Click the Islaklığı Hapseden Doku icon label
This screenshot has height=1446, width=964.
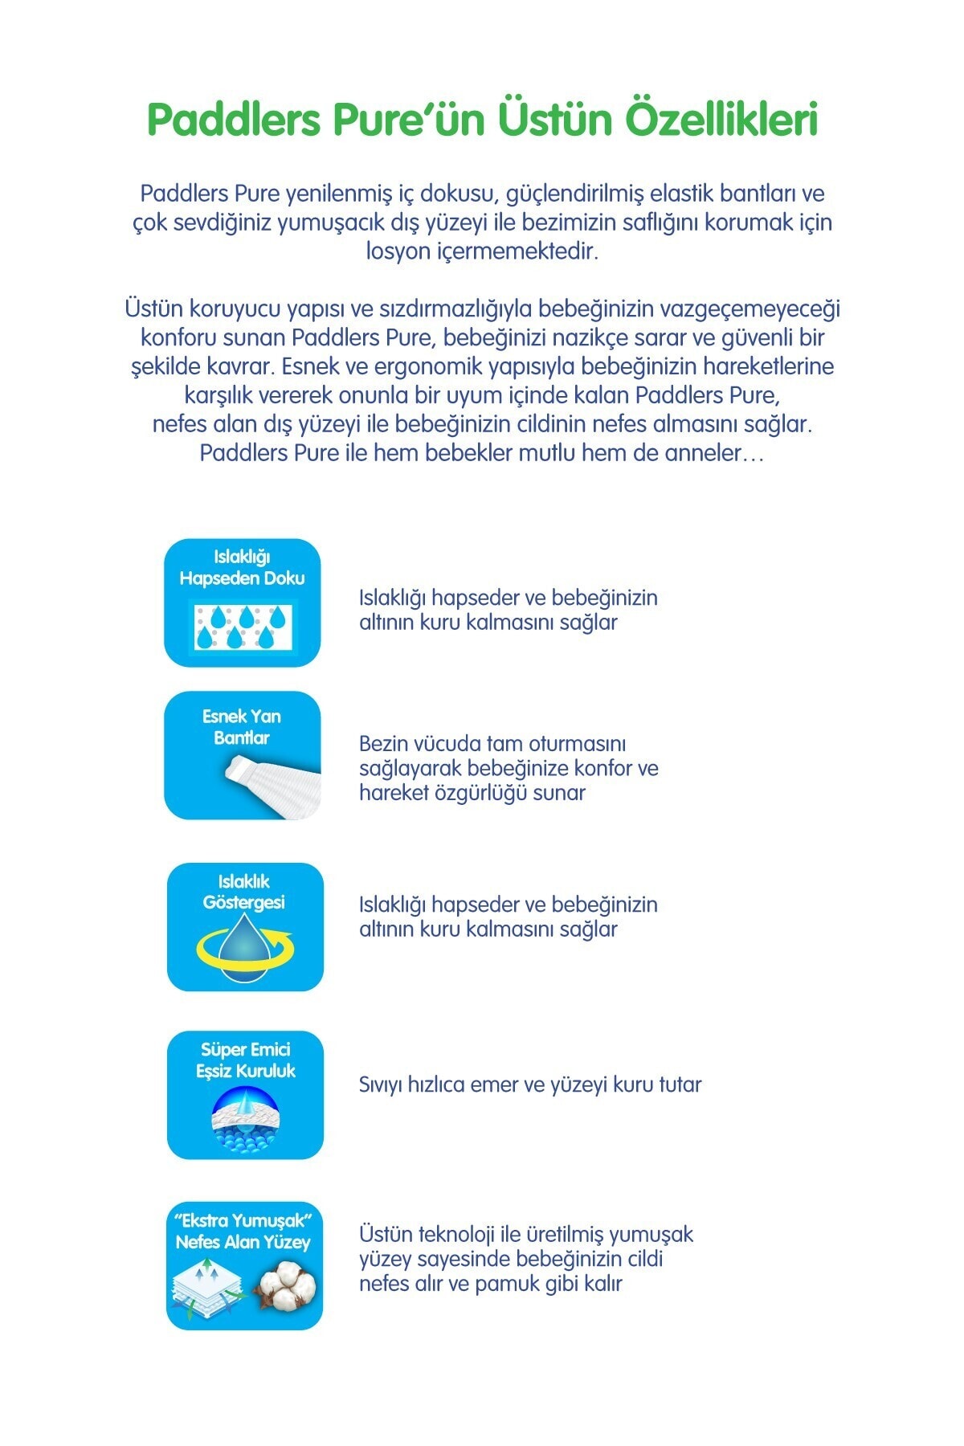(x=242, y=567)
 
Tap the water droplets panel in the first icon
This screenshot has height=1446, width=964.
(x=243, y=627)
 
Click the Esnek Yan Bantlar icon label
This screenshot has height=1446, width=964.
(x=242, y=726)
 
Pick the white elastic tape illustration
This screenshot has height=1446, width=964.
(x=273, y=786)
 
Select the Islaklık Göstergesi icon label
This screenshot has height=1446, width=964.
(x=244, y=892)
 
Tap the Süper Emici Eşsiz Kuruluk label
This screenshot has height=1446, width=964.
(x=246, y=1060)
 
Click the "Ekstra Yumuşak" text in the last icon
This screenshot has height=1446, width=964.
(x=243, y=1220)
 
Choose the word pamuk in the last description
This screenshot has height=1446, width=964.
(x=505, y=1284)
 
